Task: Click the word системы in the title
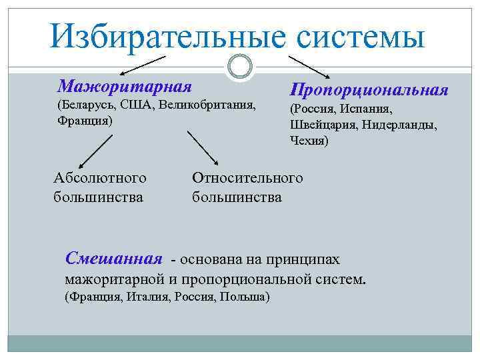tap(361, 37)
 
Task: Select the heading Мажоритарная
tap(125, 87)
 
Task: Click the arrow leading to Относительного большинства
tap(203, 147)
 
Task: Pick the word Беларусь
tap(80, 107)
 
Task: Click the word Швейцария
tap(319, 125)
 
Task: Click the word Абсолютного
tap(99, 178)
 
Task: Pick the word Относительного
tap(247, 178)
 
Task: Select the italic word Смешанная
tap(114, 258)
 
